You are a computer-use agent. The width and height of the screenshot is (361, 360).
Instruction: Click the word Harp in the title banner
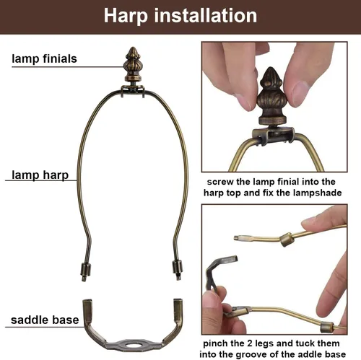pos(126,16)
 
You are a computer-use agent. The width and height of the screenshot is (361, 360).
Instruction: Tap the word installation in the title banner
pos(206,15)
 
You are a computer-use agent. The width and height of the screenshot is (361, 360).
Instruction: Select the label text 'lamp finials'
pos(44,59)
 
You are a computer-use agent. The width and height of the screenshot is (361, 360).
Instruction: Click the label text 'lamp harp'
pos(40,175)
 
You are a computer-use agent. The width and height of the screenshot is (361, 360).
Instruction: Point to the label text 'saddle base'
pos(45,320)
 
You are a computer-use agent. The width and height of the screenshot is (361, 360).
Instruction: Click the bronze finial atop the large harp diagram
pos(132,65)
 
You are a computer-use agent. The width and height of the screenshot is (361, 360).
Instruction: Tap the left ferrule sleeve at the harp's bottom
pos(85,271)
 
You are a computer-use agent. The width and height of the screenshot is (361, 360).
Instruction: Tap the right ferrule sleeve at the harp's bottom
pos(178,268)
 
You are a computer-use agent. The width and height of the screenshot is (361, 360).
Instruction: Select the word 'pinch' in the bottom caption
pos(215,343)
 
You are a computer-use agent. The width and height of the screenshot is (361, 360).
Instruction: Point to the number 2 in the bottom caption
pos(250,343)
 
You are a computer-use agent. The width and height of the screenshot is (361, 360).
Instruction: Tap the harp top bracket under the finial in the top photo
pos(273,136)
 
